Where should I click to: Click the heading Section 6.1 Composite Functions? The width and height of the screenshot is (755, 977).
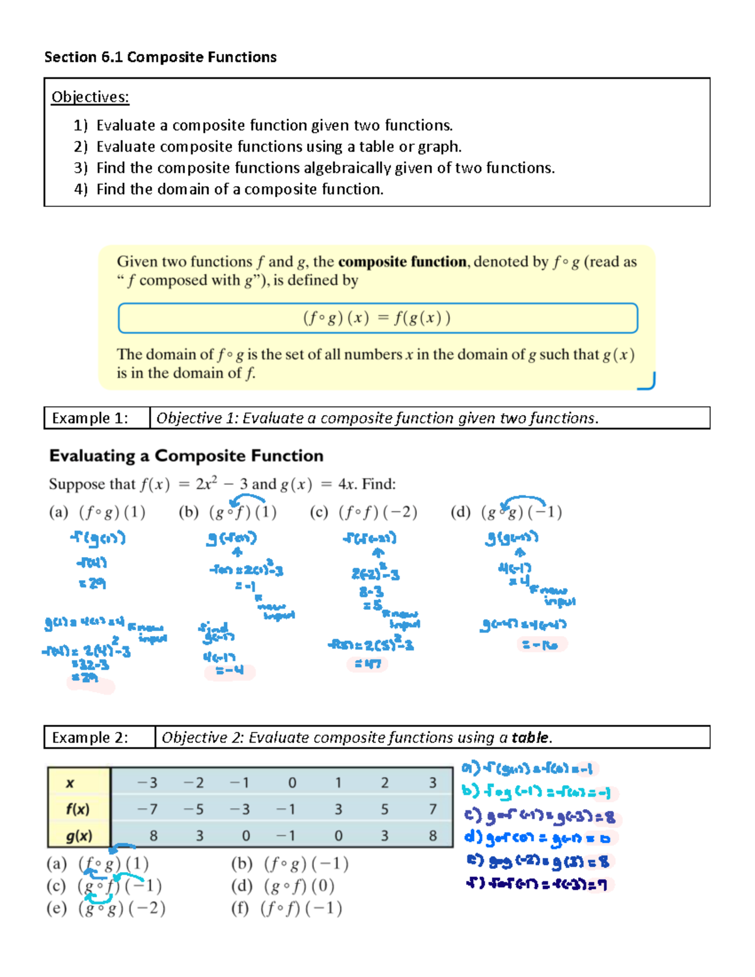click(160, 57)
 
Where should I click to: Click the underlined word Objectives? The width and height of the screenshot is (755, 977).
click(90, 97)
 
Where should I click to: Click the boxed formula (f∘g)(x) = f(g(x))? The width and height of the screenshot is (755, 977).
click(377, 318)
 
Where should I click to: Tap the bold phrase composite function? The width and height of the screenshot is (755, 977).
click(402, 262)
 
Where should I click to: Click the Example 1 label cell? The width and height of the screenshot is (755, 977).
click(90, 418)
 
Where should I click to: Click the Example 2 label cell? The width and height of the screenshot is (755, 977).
click(90, 737)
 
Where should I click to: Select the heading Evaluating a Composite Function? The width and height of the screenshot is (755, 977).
click(186, 456)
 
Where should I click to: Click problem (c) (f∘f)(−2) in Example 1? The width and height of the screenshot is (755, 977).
click(364, 512)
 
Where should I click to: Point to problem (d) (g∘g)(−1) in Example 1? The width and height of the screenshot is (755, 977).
click(506, 512)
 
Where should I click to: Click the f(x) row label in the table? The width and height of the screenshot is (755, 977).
click(78, 809)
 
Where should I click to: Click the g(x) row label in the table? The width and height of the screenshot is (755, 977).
click(79, 836)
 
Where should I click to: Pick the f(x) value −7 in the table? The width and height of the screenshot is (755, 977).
click(148, 809)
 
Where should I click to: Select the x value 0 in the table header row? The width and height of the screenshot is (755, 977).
click(292, 783)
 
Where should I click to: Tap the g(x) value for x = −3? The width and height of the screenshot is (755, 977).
click(153, 836)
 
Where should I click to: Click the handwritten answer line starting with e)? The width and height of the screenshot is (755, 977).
click(538, 861)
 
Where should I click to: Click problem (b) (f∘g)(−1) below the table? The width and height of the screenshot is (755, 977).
click(289, 864)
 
